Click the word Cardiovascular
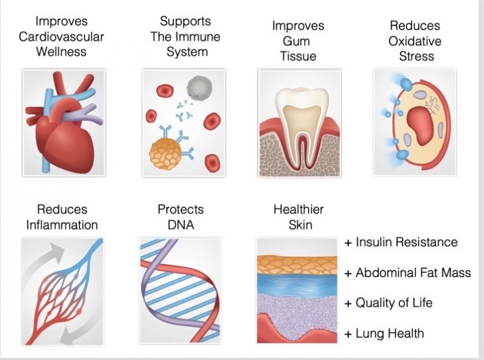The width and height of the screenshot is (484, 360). click(x=61, y=36)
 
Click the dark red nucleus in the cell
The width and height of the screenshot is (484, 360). click(x=420, y=124)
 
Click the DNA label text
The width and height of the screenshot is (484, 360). click(x=180, y=225)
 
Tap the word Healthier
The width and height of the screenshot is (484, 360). click(x=298, y=210)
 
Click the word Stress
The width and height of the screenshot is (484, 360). click(x=416, y=56)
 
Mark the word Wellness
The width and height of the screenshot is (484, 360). click(x=61, y=51)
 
